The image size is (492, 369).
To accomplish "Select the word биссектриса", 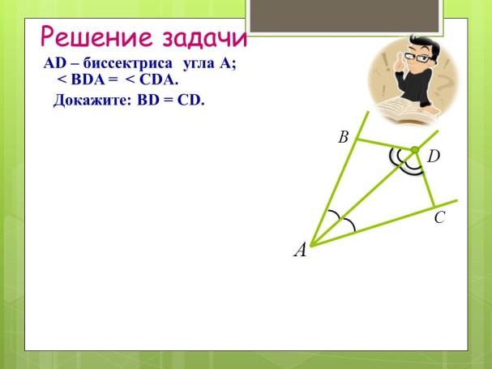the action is (128, 64).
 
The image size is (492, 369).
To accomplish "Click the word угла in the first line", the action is (199, 64).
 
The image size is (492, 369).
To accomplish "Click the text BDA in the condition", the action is (88, 80).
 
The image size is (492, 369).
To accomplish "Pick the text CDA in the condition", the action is (157, 80).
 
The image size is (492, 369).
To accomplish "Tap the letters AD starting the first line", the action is (55, 64).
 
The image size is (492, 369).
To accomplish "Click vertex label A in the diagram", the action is (300, 251).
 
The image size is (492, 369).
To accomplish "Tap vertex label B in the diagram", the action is (344, 137).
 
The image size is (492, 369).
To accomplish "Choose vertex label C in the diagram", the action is (439, 217).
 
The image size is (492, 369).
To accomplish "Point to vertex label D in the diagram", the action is (434, 156).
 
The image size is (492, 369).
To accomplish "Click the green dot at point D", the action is (415, 150).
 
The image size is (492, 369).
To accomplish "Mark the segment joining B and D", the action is (386, 144).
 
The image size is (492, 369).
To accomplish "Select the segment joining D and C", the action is (425, 178).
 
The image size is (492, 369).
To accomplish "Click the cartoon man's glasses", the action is (418, 58).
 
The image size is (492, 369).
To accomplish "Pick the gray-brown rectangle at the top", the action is (344, 15).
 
